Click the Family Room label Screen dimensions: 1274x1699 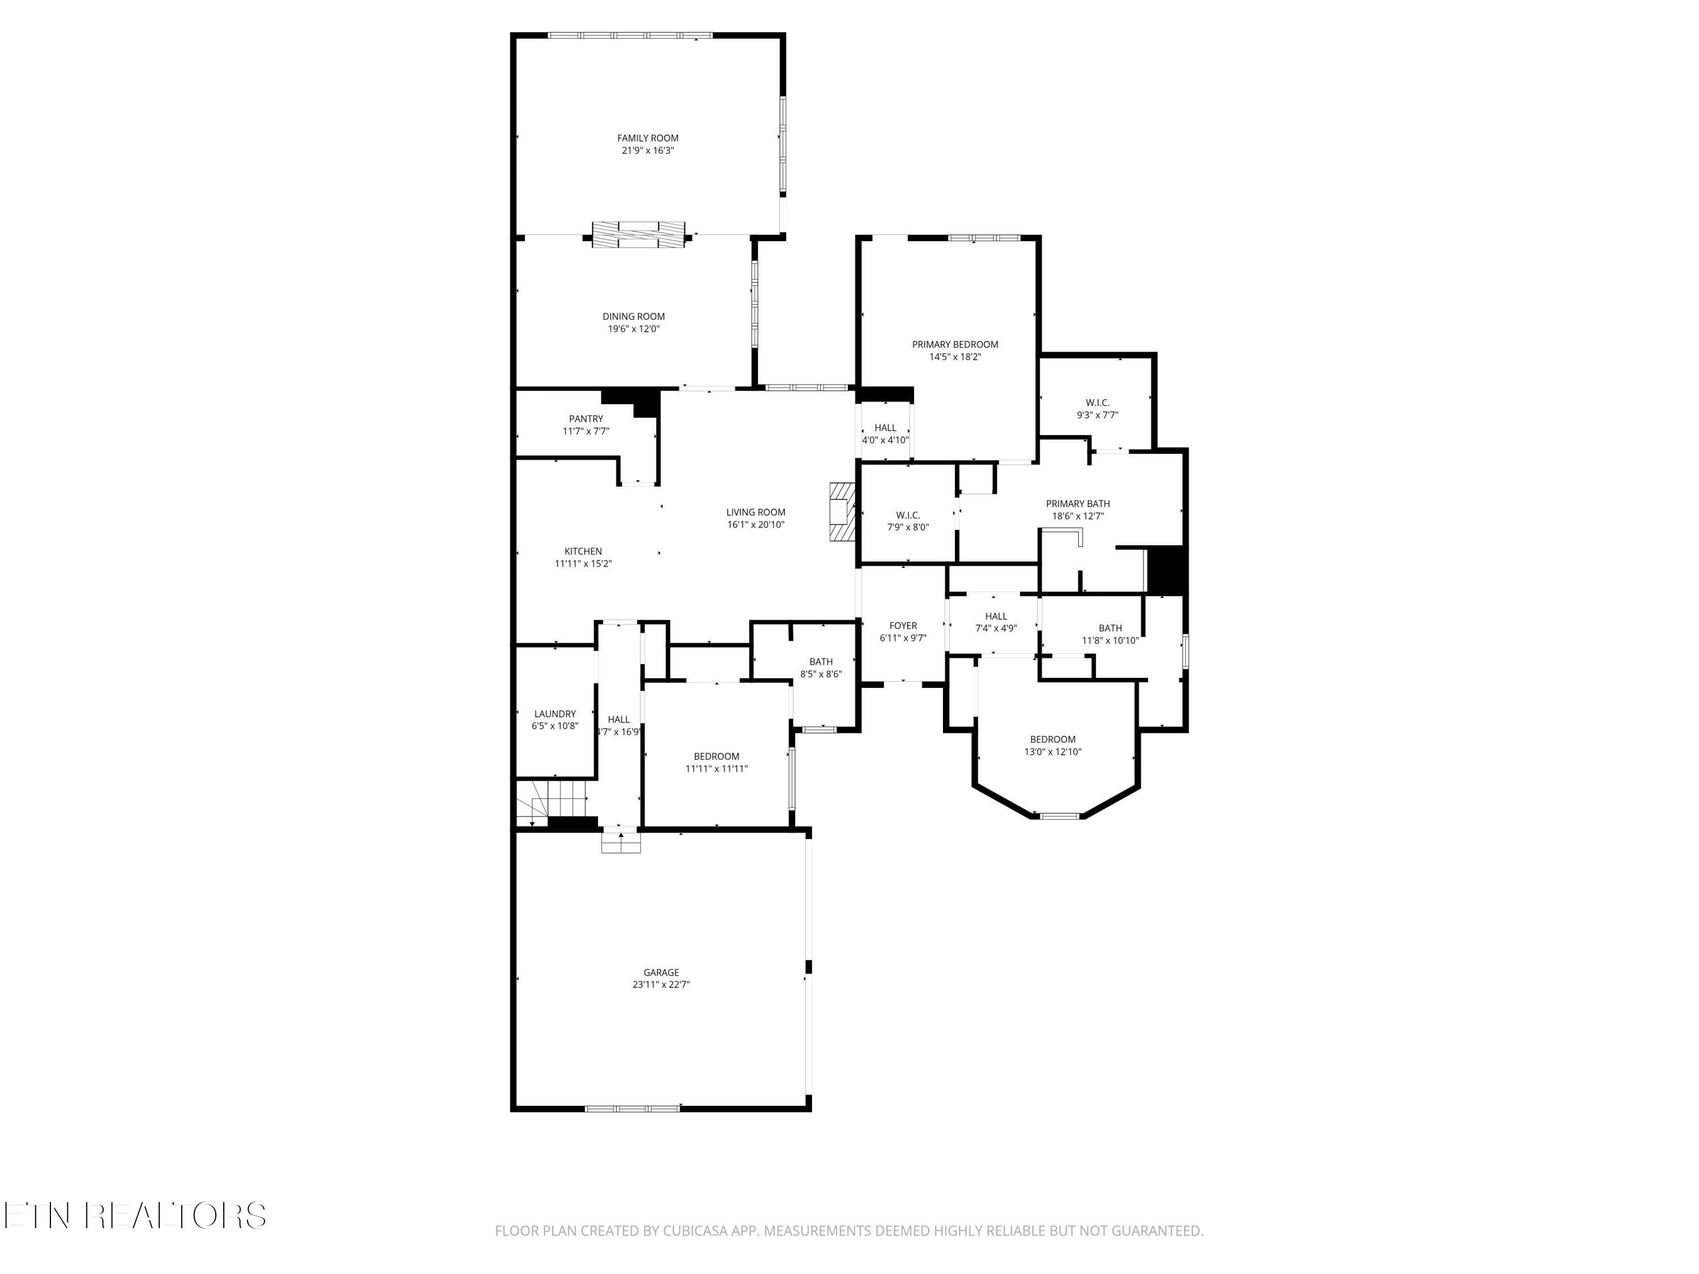tap(647, 138)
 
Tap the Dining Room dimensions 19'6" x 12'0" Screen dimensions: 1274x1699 tap(633, 328)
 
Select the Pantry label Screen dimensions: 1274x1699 tap(586, 418)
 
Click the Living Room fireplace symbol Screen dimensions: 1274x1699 tap(841, 511)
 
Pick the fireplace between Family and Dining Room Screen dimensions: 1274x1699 tap(638, 234)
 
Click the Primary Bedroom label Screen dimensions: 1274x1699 tap(955, 344)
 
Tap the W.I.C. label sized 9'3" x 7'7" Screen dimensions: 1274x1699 tap(1097, 403)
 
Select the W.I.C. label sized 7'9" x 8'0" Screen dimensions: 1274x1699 tap(907, 515)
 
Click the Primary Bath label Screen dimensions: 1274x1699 tap(1078, 504)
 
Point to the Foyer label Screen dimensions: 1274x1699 tap(903, 625)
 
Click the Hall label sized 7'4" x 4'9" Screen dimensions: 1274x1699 tap(996, 616)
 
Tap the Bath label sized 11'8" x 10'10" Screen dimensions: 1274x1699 tap(1110, 627)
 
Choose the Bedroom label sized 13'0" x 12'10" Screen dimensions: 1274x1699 tap(1052, 739)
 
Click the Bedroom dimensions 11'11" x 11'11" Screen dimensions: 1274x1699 tap(716, 769)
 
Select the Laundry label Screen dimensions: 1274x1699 tap(554, 713)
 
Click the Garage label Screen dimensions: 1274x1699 tap(660, 972)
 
